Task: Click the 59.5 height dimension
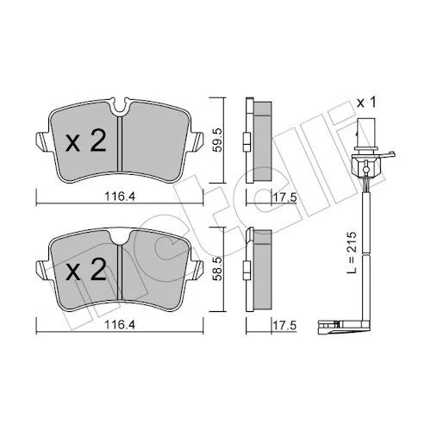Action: pos(218,140)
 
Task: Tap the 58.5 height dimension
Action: pos(218,268)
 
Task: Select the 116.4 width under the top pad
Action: pos(120,197)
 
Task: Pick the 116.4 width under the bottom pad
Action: pos(120,325)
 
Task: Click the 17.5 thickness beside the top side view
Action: pos(284,197)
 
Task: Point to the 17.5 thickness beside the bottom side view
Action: pos(284,326)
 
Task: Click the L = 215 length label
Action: pos(352,252)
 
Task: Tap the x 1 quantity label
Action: pos(366,103)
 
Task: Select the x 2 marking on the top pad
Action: pos(86,141)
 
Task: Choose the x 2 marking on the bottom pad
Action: pos(86,269)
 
